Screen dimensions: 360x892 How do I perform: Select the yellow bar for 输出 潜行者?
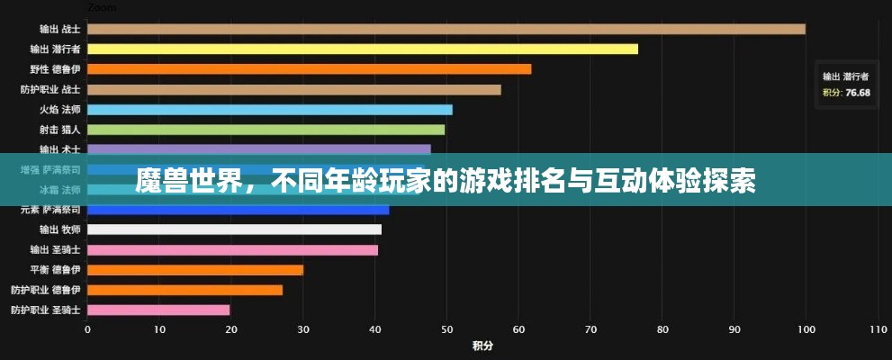point(362,49)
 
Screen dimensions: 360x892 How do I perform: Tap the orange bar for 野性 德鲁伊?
point(309,69)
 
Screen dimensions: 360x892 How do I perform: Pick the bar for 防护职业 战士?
point(293,90)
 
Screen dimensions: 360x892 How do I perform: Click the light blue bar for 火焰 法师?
point(269,110)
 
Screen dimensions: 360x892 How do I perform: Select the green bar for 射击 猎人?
point(266,130)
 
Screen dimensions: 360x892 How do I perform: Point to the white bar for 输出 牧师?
point(234,229)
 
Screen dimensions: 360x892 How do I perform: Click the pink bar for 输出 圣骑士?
point(232,249)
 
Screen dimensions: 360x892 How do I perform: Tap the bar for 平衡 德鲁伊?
point(194,270)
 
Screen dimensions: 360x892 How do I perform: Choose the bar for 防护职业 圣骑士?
point(158,310)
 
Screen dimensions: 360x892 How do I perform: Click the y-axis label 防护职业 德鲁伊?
point(46,290)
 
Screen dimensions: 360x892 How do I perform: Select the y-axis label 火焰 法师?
point(59,110)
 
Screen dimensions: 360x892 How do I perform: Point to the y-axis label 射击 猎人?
point(59,130)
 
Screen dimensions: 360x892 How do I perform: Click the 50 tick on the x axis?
point(446,328)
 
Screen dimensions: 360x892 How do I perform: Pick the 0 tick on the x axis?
point(87,328)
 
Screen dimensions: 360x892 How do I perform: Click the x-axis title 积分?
point(482,346)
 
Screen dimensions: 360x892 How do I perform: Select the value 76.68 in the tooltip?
point(858,93)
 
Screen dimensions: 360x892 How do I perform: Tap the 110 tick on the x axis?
point(877,328)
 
